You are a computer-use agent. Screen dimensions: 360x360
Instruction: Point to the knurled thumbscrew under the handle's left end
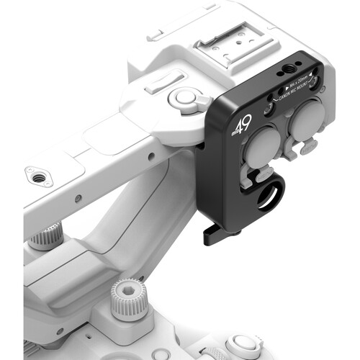(48, 235)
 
